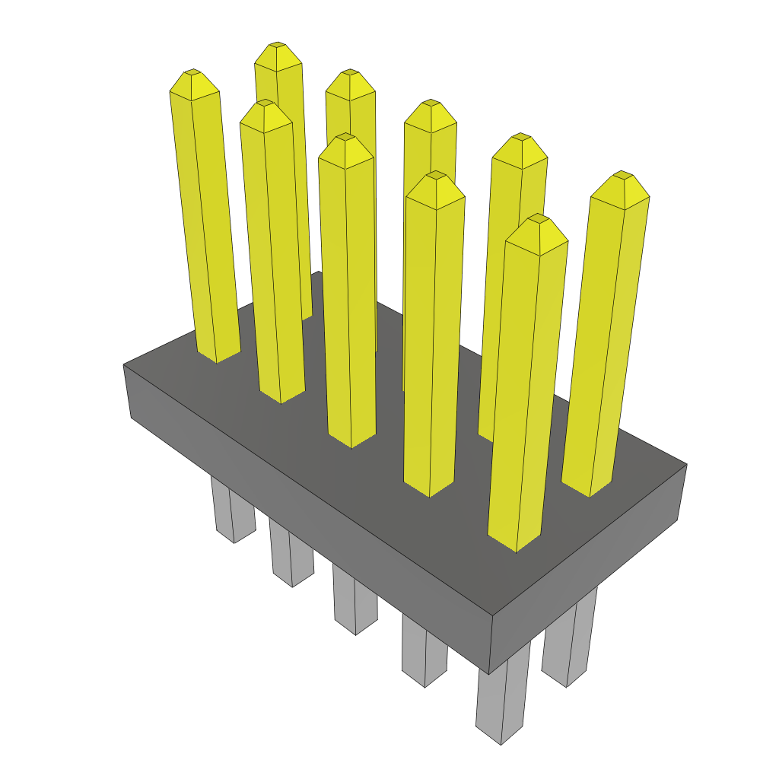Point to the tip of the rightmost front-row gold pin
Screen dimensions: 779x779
click(x=538, y=218)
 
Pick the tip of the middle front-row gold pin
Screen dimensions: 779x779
click(x=346, y=137)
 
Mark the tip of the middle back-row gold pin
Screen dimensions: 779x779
click(x=431, y=103)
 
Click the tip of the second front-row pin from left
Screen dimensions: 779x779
click(x=265, y=103)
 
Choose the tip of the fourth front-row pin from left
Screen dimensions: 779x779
click(x=435, y=175)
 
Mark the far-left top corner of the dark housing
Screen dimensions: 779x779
click(x=124, y=365)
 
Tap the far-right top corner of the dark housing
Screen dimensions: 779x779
click(x=686, y=464)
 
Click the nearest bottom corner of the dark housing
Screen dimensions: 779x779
click(x=488, y=673)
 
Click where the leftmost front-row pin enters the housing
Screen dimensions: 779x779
click(x=218, y=356)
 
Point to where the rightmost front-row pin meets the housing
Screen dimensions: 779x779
click(x=515, y=544)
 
